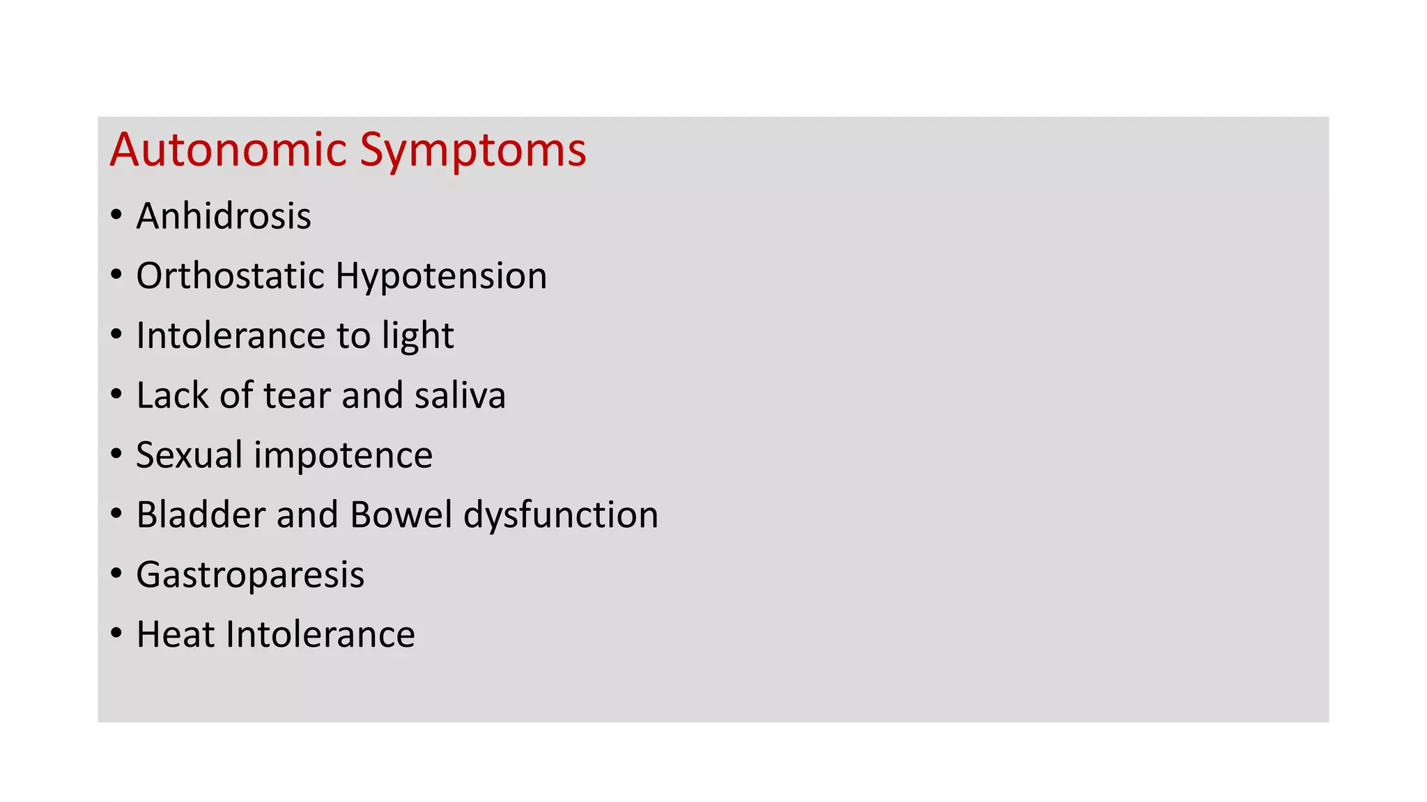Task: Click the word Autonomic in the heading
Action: [x=228, y=150]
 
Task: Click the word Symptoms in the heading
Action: [x=473, y=150]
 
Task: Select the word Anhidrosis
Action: [x=224, y=216]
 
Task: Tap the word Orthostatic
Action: [x=230, y=276]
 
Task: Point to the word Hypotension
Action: [x=441, y=276]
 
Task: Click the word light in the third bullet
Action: [x=417, y=336]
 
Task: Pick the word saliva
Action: [x=460, y=395]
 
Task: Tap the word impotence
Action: [x=343, y=455]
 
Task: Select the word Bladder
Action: [x=201, y=515]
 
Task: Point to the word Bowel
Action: [x=401, y=515]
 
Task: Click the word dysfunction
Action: [x=561, y=515]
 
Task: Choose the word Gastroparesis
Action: [x=250, y=575]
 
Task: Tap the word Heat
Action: [x=176, y=635]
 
